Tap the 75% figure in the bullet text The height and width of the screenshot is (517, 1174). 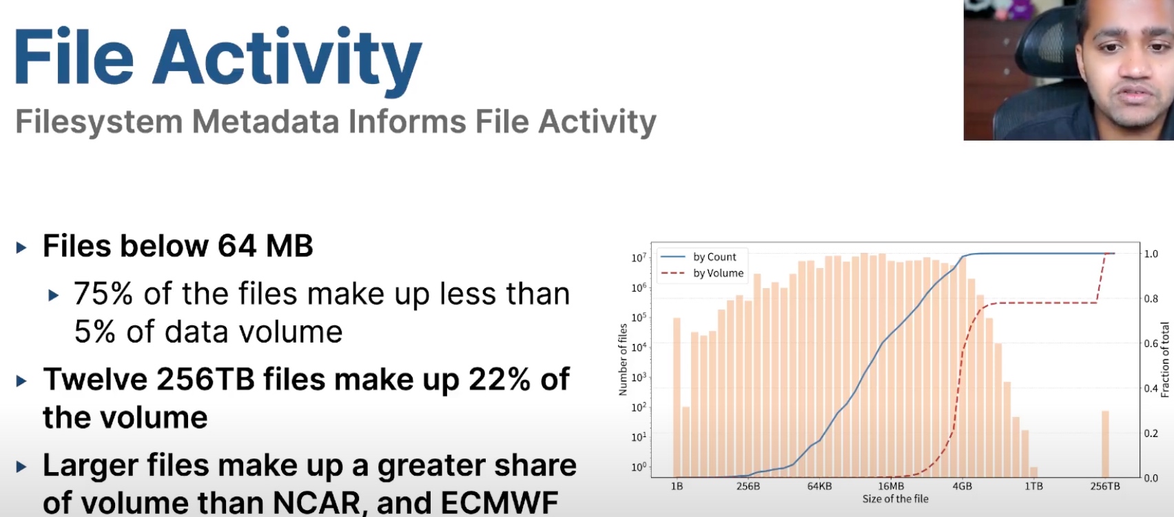point(103,294)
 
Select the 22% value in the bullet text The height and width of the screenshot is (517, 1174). point(499,379)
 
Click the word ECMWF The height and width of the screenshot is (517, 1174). point(500,503)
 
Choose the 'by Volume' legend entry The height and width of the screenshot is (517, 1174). point(702,273)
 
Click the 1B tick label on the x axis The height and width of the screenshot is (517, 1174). point(677,486)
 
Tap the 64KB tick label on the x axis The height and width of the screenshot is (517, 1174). point(819,486)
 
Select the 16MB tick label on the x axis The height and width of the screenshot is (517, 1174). point(891,486)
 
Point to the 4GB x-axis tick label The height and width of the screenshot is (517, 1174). point(962,486)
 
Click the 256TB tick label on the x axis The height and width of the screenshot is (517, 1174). point(1105,486)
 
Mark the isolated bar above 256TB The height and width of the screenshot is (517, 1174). point(1105,444)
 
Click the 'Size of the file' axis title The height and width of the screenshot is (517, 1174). point(895,499)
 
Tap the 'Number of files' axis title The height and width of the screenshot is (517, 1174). point(623,359)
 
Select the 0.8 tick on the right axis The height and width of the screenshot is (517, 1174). point(1151,299)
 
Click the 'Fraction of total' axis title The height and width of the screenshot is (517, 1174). point(1165,360)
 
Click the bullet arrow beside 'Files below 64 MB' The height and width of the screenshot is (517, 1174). point(21,247)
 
